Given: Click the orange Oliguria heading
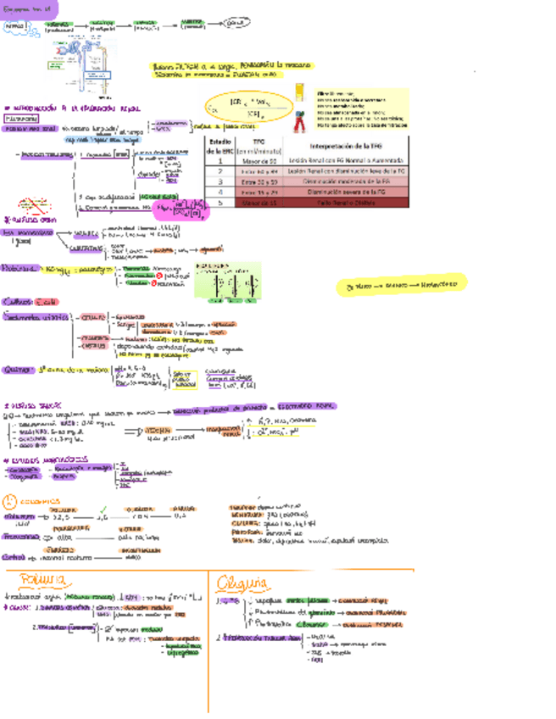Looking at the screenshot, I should tap(242, 582).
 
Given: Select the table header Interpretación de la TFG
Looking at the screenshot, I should tap(342, 146).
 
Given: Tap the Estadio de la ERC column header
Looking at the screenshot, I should tap(220, 146).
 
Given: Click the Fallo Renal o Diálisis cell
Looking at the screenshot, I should tap(342, 203).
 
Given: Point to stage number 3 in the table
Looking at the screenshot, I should tap(220, 181).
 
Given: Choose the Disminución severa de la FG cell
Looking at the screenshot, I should tap(342, 192).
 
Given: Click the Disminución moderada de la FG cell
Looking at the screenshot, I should tap(342, 181).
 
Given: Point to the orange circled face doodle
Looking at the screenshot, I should tap(13, 499).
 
